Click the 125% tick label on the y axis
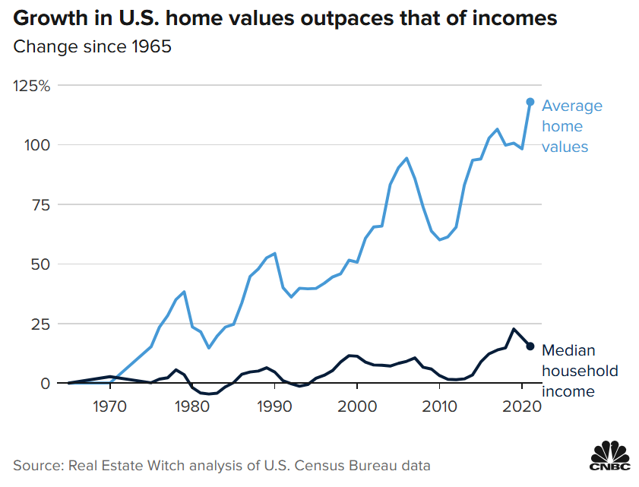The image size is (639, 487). pos(32,85)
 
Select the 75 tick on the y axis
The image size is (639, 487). pos(40,204)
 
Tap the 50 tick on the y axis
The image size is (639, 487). pos(40,264)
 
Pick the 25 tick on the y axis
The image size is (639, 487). pos(40,324)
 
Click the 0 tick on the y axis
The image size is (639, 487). pos(44,383)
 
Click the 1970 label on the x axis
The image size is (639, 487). pos(110,405)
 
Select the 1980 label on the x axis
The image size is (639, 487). pos(192,405)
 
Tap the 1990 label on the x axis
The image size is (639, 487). pos(275,405)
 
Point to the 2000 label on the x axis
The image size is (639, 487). pos(357,405)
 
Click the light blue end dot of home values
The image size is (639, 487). pos(530,102)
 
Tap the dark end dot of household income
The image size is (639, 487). pos(530,346)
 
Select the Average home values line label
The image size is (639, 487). pos(571,126)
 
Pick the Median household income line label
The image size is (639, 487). pos(579,371)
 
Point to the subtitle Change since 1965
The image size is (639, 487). pos(92,47)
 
